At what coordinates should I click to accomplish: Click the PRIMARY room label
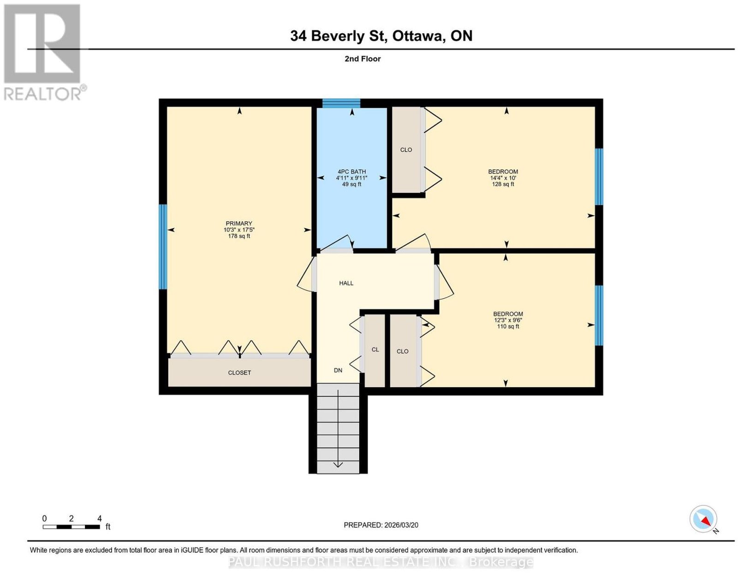pyautogui.click(x=239, y=223)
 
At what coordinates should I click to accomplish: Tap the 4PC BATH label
pyautogui.click(x=351, y=171)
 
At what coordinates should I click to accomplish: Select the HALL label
pyautogui.click(x=346, y=283)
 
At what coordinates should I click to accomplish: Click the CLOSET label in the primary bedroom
pyautogui.click(x=239, y=372)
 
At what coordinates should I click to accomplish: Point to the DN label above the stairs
pyautogui.click(x=338, y=370)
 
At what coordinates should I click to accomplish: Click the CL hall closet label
pyautogui.click(x=375, y=349)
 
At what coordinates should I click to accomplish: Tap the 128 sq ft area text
pyautogui.click(x=503, y=184)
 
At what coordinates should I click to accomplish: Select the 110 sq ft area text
pyautogui.click(x=508, y=326)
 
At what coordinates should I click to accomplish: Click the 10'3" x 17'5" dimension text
pyautogui.click(x=239, y=230)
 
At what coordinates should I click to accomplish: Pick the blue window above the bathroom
pyautogui.click(x=341, y=103)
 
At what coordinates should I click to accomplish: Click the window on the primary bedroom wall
pyautogui.click(x=163, y=247)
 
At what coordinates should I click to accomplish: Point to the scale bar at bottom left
pyautogui.click(x=71, y=527)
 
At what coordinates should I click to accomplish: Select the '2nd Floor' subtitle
pyautogui.click(x=363, y=59)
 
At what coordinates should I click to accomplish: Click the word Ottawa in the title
pyautogui.click(x=419, y=35)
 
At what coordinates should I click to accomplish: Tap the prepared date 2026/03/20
pyautogui.click(x=401, y=525)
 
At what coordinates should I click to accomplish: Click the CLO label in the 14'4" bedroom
pyautogui.click(x=406, y=150)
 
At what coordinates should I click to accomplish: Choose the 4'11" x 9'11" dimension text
pyautogui.click(x=351, y=178)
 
